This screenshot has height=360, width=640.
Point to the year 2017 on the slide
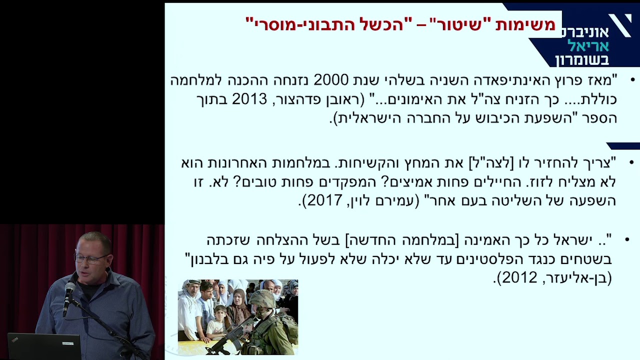(324, 201)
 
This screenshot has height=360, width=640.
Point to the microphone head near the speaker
(70, 289)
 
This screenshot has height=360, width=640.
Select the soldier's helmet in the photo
(262, 299)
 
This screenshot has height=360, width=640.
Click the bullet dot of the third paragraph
(627, 240)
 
